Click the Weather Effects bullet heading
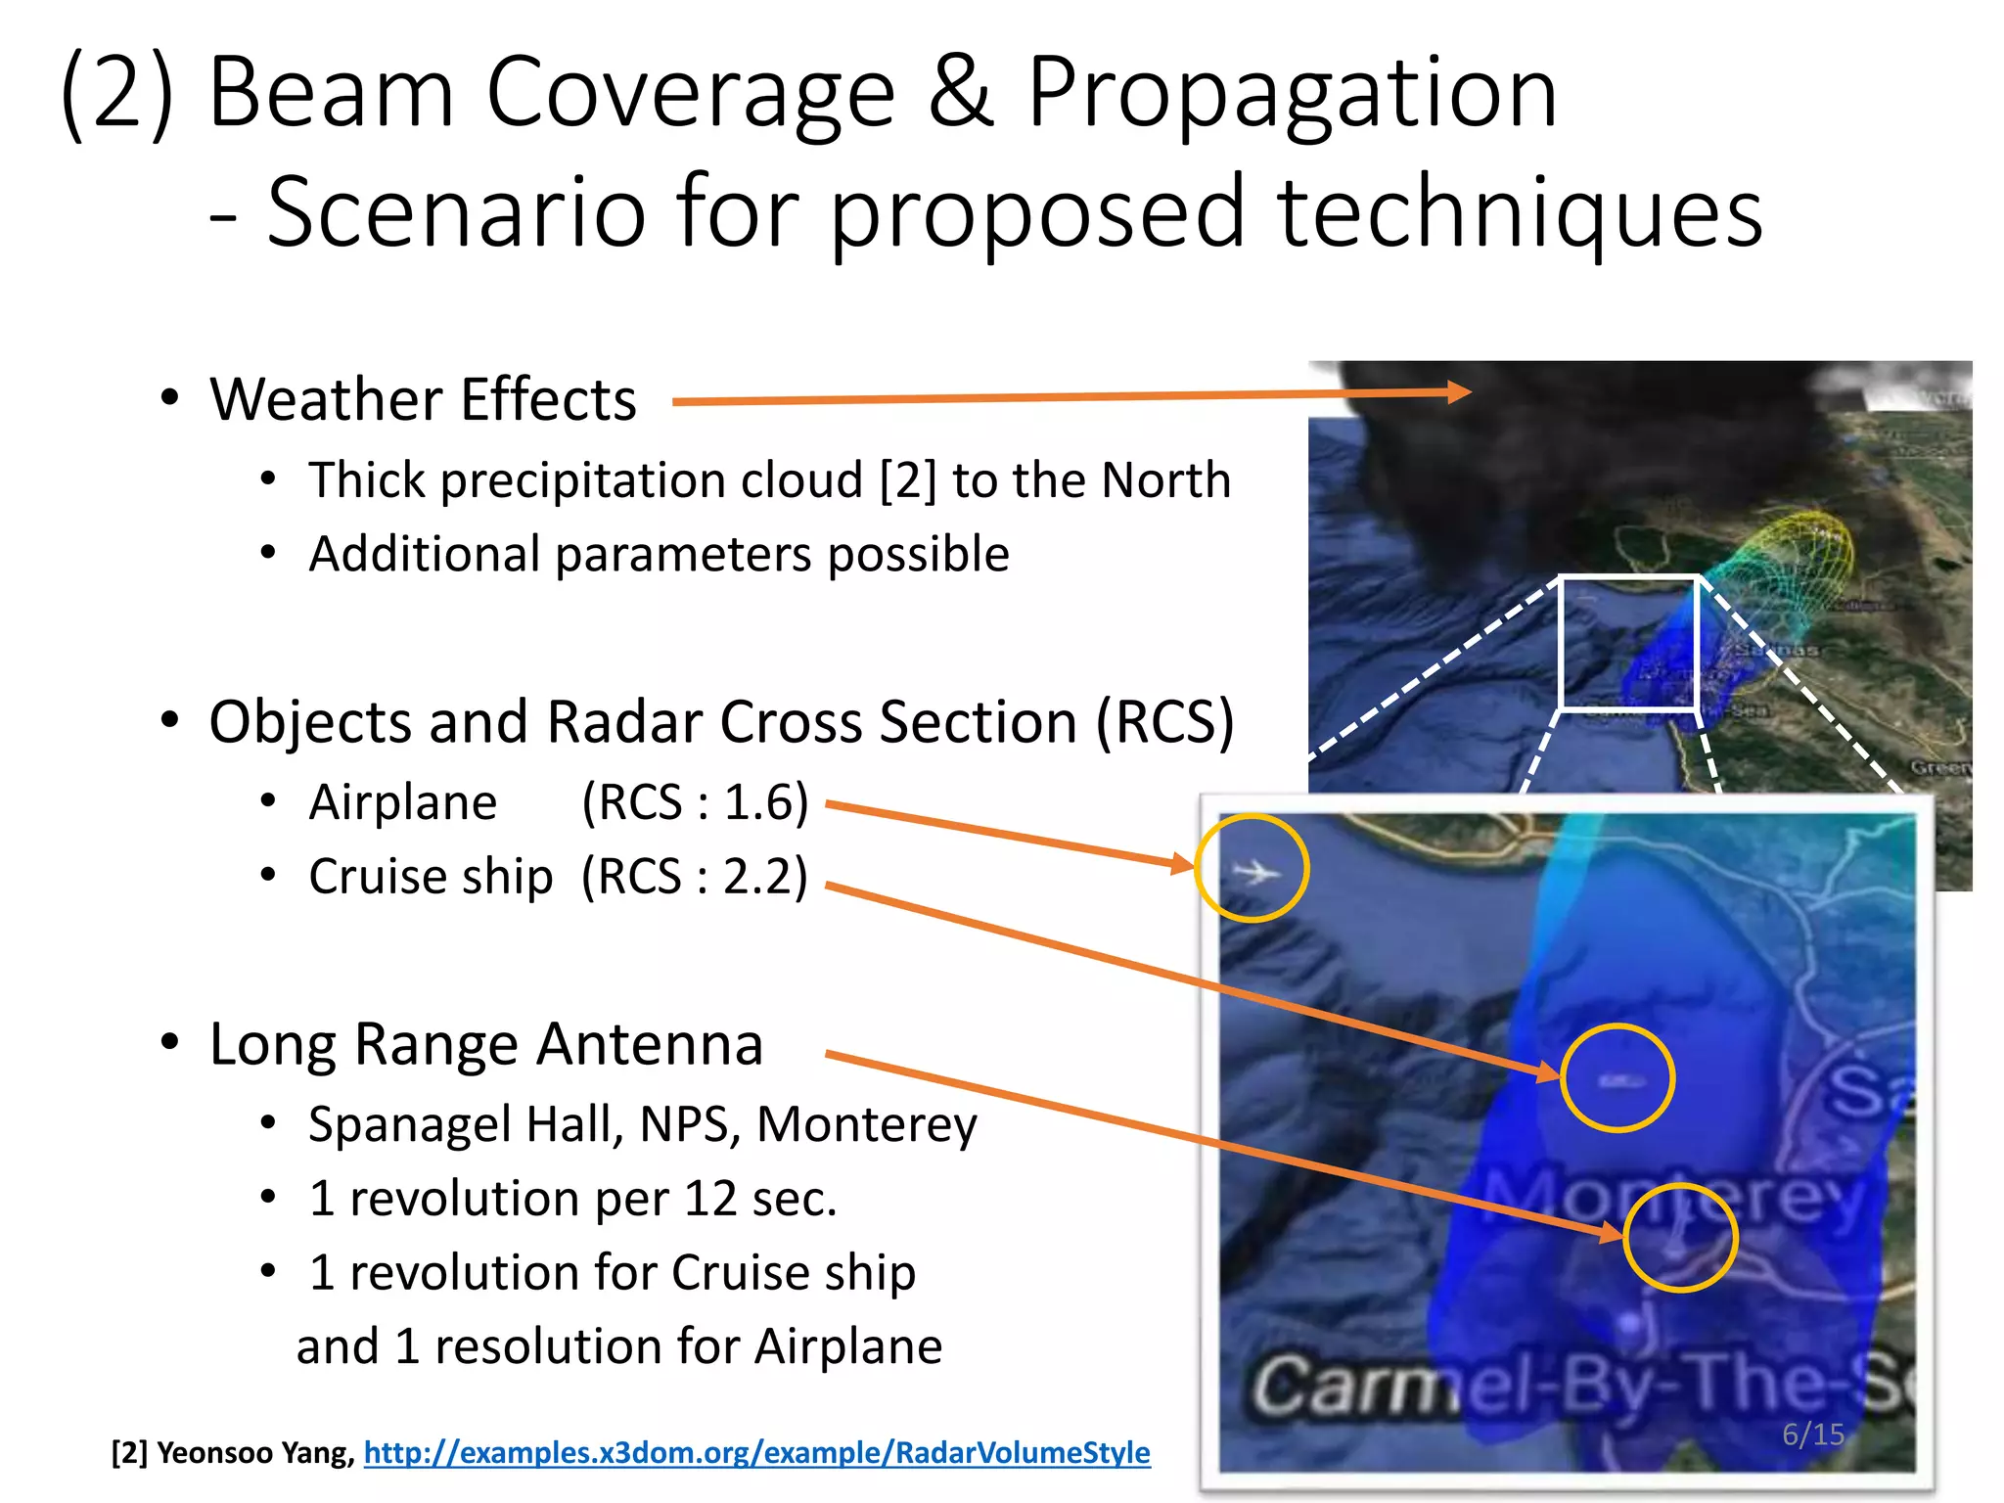(x=423, y=400)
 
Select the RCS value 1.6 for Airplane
(x=764, y=803)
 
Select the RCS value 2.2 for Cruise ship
(x=764, y=877)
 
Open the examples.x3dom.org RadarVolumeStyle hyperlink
(x=756, y=1452)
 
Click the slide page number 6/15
(x=1812, y=1435)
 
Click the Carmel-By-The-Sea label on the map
(x=1575, y=1388)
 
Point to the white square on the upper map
(x=1628, y=642)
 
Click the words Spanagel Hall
(x=466, y=1124)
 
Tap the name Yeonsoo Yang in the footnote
(x=254, y=1452)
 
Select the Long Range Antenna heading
(x=485, y=1044)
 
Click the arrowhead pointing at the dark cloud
(x=1458, y=392)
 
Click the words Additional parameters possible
(x=659, y=555)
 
